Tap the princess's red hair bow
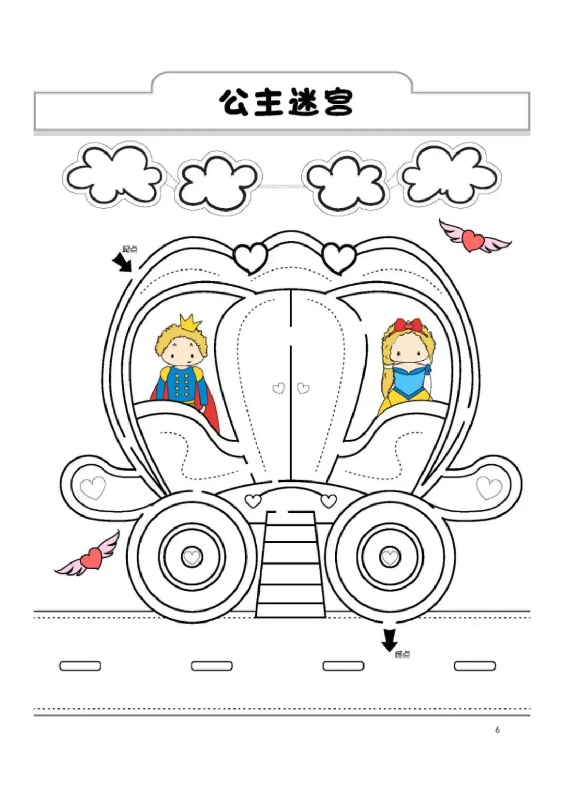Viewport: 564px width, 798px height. [x=408, y=325]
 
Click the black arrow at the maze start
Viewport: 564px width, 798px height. [x=123, y=262]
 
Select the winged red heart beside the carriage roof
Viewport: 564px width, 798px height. [x=474, y=239]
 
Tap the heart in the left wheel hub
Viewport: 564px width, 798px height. [x=192, y=557]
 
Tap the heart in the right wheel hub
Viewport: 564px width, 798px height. [x=390, y=557]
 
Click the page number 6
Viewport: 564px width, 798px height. [x=497, y=730]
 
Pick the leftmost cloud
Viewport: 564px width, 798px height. [x=113, y=175]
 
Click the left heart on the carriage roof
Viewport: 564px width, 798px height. [x=251, y=257]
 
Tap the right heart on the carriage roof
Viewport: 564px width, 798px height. [x=339, y=257]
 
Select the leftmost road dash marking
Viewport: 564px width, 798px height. [x=80, y=666]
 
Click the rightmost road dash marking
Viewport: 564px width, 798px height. [x=475, y=666]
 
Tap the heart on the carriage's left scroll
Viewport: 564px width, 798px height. [x=93, y=488]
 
